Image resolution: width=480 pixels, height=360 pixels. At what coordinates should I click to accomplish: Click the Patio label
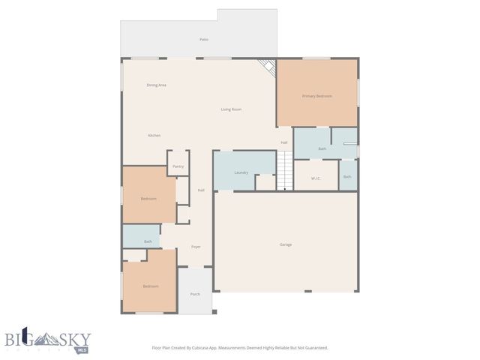point(204,39)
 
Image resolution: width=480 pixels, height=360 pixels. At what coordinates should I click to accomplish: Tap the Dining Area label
point(156,85)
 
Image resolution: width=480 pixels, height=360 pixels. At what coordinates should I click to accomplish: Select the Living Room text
point(231,109)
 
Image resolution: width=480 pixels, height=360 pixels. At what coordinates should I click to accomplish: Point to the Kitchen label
point(154,135)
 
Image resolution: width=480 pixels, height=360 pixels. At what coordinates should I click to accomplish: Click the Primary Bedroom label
point(316,96)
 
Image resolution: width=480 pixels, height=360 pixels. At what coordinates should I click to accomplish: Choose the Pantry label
point(178,166)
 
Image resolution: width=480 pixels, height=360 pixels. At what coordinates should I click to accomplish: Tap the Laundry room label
point(241,172)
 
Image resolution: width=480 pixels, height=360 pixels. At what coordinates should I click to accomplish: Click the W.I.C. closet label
point(315,177)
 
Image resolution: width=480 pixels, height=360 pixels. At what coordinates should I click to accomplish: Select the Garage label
point(286,244)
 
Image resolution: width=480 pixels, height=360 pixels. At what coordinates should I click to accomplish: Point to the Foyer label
point(196,247)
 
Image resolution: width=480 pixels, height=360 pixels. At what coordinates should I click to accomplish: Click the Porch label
point(195,294)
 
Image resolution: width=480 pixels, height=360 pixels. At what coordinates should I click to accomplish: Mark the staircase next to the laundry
point(284,170)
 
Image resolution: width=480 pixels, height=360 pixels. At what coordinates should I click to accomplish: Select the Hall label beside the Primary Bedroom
point(284,142)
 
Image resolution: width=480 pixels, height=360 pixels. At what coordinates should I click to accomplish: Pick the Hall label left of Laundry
point(201,190)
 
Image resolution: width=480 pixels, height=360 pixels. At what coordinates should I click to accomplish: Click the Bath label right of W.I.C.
point(347,177)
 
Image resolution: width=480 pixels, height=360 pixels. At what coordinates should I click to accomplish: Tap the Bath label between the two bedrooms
point(148,241)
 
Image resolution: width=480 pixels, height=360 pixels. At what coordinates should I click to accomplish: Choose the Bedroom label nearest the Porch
point(151,286)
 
